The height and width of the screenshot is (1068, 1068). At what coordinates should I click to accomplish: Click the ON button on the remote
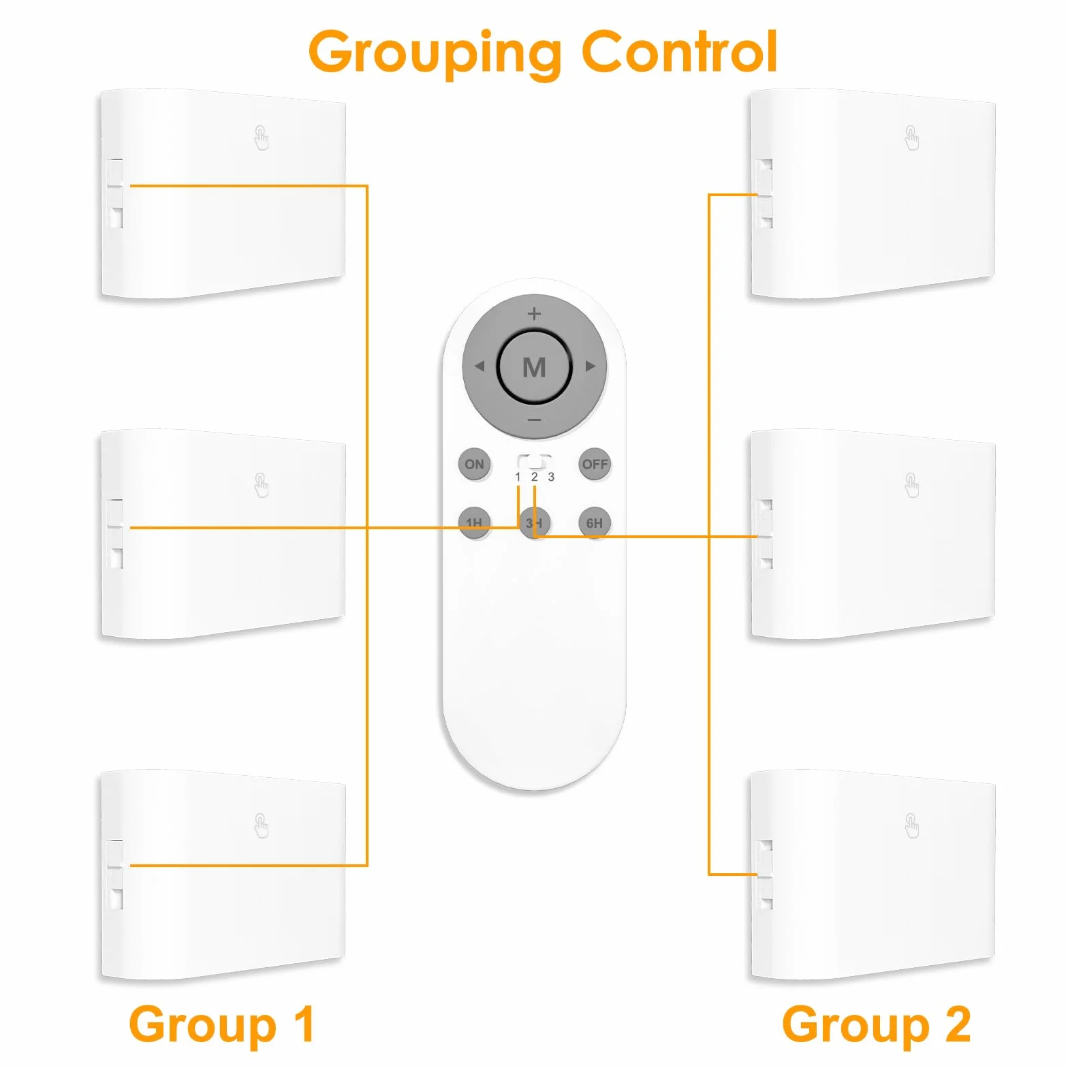(x=475, y=465)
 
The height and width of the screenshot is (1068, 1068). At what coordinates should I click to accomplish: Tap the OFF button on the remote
(x=595, y=465)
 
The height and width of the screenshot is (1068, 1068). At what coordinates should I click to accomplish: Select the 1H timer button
(x=475, y=523)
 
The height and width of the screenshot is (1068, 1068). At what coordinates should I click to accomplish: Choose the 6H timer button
(x=595, y=523)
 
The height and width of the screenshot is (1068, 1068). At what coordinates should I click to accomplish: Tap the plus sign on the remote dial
(x=535, y=313)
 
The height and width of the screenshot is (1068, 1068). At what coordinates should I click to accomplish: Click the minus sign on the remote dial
(x=535, y=420)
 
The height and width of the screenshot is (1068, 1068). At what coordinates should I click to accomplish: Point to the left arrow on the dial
(x=479, y=366)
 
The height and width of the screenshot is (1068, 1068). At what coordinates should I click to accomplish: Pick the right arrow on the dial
(x=591, y=366)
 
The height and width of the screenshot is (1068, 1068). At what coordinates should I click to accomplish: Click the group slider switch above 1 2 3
(x=535, y=462)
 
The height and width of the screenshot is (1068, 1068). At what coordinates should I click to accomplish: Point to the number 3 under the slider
(x=551, y=477)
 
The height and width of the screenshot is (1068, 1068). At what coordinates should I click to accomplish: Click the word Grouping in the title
(x=435, y=53)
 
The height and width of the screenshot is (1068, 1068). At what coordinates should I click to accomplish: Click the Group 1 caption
(x=222, y=1025)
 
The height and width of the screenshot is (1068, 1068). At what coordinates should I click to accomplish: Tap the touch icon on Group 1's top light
(x=262, y=138)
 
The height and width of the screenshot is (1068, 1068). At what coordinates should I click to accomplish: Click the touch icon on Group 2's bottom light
(x=912, y=826)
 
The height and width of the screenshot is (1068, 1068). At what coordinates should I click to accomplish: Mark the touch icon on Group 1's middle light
(x=262, y=485)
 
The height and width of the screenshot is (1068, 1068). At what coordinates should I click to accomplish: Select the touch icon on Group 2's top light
(x=912, y=138)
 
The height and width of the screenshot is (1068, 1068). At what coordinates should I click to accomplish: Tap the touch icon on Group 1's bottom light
(x=262, y=826)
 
